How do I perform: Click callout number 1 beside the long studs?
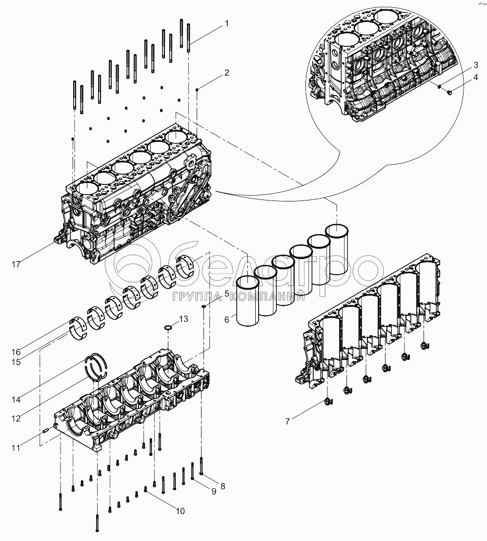pyautogui.click(x=227, y=23)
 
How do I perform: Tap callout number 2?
pyautogui.click(x=227, y=73)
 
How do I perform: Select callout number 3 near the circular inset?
pyautogui.click(x=476, y=65)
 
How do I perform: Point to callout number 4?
pyautogui.click(x=476, y=77)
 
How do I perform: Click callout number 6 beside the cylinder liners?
pyautogui.click(x=227, y=320)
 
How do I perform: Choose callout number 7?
pyautogui.click(x=287, y=421)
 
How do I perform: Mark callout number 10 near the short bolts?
pyautogui.click(x=181, y=511)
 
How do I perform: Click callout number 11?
pyautogui.click(x=16, y=448)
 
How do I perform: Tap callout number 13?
pyautogui.click(x=183, y=319)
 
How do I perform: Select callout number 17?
pyautogui.click(x=16, y=264)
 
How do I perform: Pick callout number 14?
pyautogui.click(x=16, y=400)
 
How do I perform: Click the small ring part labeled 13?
pyautogui.click(x=168, y=327)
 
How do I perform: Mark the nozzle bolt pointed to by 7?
pyautogui.click(x=328, y=401)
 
